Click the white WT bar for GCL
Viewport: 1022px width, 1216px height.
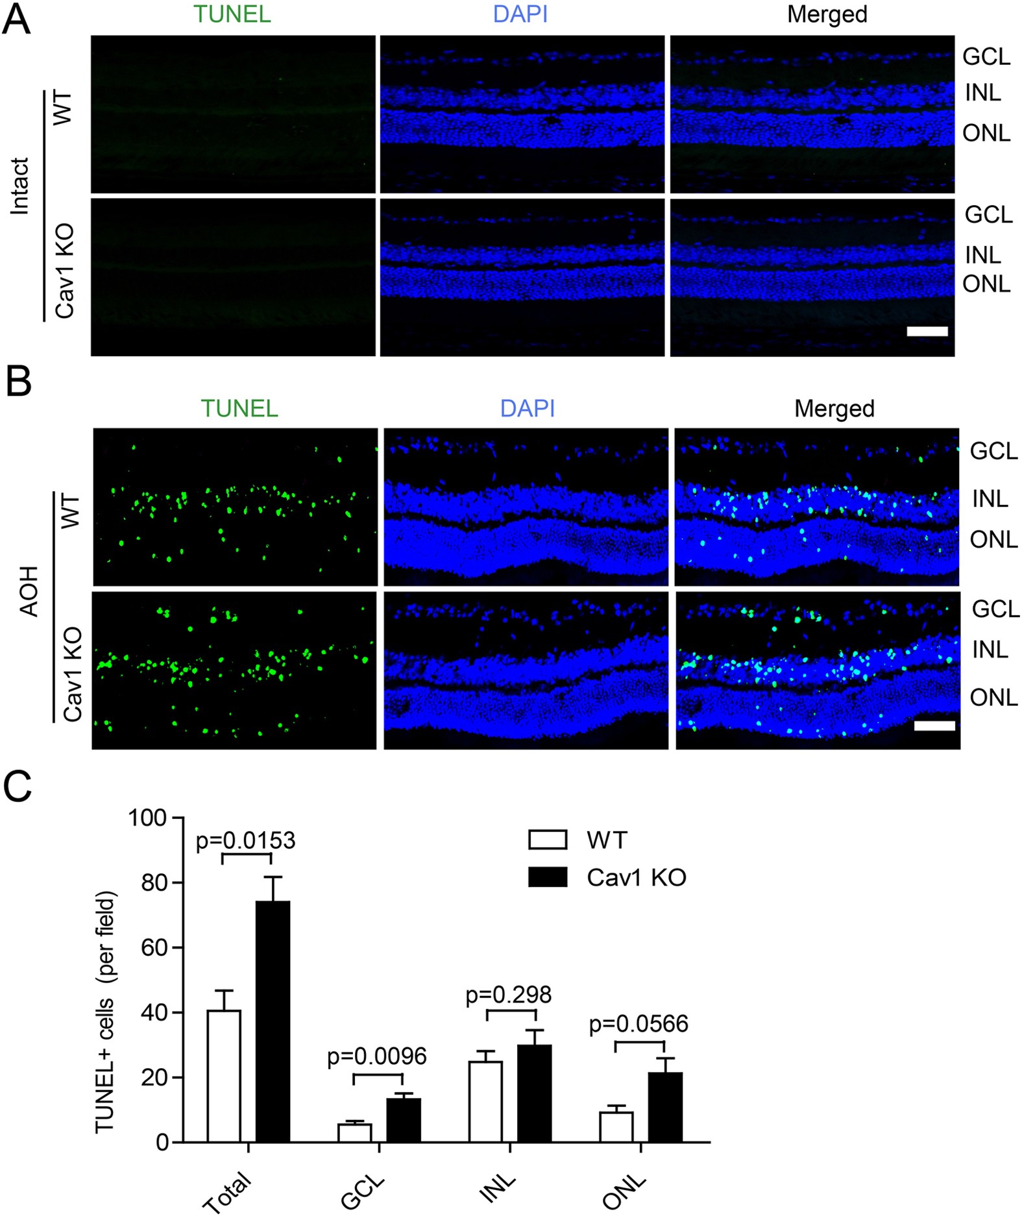(354, 1132)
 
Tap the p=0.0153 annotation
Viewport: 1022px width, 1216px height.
(245, 840)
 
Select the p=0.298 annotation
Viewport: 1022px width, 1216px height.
(509, 995)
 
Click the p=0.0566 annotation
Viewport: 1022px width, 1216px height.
(639, 1024)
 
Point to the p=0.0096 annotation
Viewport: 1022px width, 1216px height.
(377, 1056)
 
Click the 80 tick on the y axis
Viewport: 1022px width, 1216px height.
(154, 882)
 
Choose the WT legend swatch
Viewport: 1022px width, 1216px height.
(548, 840)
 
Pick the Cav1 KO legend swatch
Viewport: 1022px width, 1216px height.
(548, 877)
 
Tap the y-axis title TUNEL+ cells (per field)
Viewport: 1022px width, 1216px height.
(105, 1012)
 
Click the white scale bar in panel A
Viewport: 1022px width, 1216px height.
(927, 331)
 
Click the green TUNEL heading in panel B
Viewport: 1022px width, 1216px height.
(239, 408)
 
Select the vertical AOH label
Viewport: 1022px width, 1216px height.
(29, 590)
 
